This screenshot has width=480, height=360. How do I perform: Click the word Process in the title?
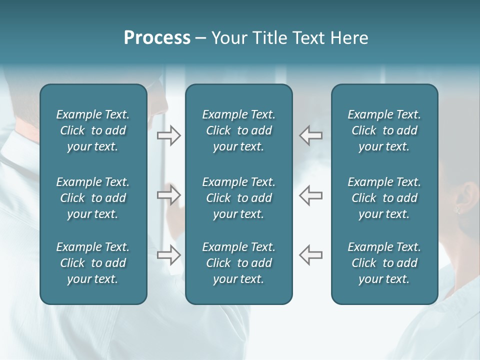157,38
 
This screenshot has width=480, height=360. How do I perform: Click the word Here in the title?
349,38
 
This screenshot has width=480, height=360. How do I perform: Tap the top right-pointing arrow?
168,135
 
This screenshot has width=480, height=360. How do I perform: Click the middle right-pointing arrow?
168,195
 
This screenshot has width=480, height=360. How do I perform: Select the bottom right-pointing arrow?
168,254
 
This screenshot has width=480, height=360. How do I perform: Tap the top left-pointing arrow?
310,135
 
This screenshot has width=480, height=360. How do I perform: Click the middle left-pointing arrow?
310,195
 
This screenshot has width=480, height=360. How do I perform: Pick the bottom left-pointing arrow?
310,254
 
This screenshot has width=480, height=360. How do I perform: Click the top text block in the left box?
93,130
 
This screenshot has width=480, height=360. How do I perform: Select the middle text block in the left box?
93,198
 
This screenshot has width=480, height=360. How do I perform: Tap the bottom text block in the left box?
93,263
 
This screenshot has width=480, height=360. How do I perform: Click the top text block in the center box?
239,130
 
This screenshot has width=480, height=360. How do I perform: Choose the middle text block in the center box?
239,198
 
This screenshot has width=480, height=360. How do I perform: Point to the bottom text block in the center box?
239,263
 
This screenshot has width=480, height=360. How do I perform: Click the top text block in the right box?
384,130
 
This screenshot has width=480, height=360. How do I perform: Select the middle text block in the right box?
384,198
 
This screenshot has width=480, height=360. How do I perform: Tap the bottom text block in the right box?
384,263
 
